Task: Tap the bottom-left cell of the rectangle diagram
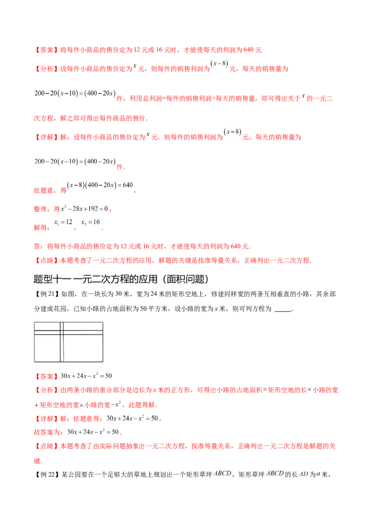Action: [x=46, y=347]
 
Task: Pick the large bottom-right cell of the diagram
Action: [x=83, y=347]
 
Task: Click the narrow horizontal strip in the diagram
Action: [x=83, y=332]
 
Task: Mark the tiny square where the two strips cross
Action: [x=62, y=332]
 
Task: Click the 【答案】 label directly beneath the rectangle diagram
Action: [x=47, y=375]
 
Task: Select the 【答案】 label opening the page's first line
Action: [x=45, y=49]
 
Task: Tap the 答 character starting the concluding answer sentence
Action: [x=37, y=246]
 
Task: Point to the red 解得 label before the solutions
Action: [x=41, y=228]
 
